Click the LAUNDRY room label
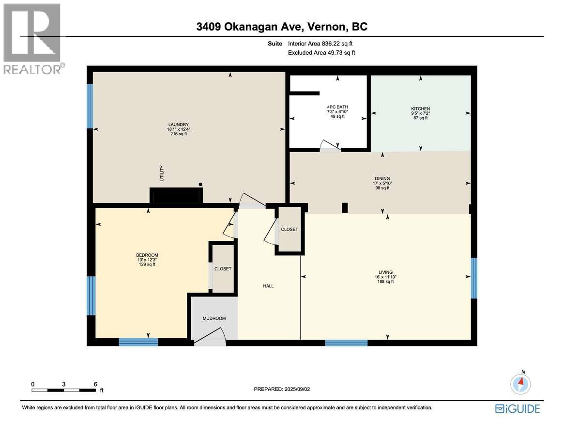coord(179,125)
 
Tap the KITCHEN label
coord(421,109)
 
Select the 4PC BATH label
coord(337,107)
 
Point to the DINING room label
coord(382,179)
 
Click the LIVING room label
coord(385,272)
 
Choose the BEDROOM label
coord(147,255)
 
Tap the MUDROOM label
coord(214,318)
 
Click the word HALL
coord(268,286)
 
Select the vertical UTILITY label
coord(162,173)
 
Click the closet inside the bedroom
coord(223,268)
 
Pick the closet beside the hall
coord(290,229)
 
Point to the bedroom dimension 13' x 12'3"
coord(147,260)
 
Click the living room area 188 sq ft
coord(385,281)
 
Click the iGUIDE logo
coord(518,409)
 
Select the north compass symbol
coord(520,383)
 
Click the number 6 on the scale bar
coord(95,384)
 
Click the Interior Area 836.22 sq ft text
coord(320,44)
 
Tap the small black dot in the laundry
coord(200,185)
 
